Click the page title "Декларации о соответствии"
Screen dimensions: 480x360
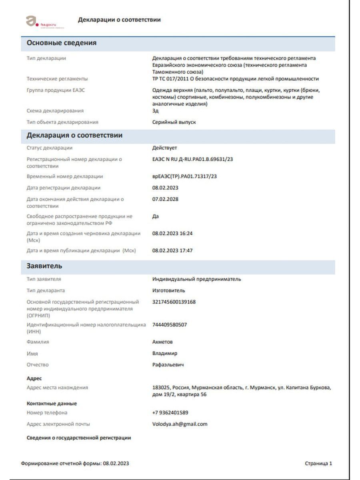(119, 20)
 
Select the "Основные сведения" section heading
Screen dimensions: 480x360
(61, 43)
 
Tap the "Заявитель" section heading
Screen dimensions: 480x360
(44, 266)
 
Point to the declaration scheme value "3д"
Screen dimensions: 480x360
(155, 111)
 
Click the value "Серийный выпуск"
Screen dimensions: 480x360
(174, 122)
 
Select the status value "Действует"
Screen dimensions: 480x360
(164, 148)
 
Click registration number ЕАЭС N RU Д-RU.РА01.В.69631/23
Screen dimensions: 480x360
(192, 159)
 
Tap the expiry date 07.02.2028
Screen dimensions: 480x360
(165, 199)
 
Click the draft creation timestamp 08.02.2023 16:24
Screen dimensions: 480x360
(172, 233)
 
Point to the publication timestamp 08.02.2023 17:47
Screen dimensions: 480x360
(172, 251)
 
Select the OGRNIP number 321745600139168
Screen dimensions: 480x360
(174, 302)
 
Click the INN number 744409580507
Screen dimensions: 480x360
(170, 325)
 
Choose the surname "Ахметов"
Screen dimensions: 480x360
(162, 342)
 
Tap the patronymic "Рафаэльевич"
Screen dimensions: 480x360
(168, 365)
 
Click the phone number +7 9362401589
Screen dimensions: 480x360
(170, 413)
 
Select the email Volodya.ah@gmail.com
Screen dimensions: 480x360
(180, 424)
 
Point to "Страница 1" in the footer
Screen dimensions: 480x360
(318, 464)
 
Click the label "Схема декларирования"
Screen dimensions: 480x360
(55, 111)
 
